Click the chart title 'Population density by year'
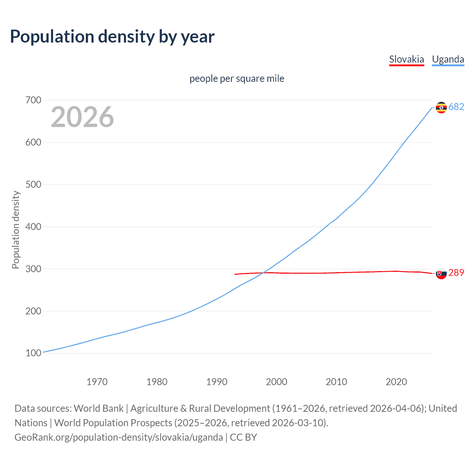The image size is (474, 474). (x=112, y=36)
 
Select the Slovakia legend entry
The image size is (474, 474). (x=406, y=59)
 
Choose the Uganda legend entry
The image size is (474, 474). (x=448, y=59)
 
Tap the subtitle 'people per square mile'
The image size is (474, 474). (x=237, y=79)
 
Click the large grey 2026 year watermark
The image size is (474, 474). (x=82, y=117)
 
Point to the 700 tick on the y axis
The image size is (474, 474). (x=33, y=100)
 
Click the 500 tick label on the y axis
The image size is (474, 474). (x=33, y=184)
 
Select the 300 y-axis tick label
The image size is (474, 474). (x=33, y=269)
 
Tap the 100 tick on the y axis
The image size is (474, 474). (x=33, y=353)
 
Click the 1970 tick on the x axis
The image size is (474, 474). (x=97, y=382)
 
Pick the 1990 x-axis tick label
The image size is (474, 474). (x=217, y=382)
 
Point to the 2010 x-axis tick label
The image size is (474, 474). (x=336, y=382)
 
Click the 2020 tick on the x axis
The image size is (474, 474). (x=396, y=382)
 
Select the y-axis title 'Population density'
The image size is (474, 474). (x=16, y=230)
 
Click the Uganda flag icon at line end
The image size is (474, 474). (x=441, y=107)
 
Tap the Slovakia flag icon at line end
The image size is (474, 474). (x=441, y=273)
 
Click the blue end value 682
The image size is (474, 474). (x=456, y=107)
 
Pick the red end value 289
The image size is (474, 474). (x=456, y=273)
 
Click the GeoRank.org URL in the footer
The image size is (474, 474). (x=118, y=437)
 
